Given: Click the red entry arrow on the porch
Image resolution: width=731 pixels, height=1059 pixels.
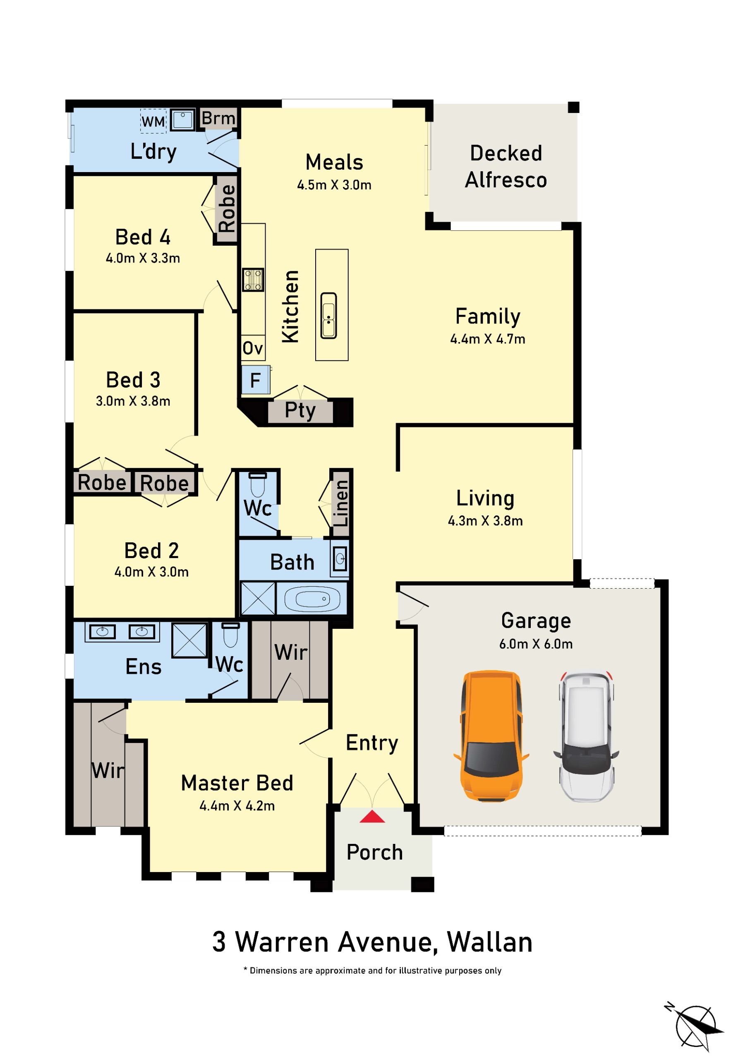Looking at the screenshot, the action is (372, 816).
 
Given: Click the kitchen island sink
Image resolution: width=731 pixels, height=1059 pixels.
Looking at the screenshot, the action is (329, 316).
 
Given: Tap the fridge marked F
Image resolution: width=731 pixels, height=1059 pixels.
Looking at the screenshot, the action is (256, 380).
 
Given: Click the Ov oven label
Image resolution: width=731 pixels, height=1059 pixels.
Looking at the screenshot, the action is (253, 348).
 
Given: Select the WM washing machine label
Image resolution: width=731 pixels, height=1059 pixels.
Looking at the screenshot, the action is (153, 121).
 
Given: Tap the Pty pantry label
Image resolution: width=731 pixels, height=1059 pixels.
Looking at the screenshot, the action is (300, 410).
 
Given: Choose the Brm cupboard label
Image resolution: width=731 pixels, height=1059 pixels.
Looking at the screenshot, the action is (218, 118).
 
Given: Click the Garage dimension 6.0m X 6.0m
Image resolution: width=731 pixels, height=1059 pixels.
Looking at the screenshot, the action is (536, 644).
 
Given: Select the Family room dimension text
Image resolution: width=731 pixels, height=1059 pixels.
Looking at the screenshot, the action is (488, 338).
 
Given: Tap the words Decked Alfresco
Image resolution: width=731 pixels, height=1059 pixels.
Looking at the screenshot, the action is (506, 166).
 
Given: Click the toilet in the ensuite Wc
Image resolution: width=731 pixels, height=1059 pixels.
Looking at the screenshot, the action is (230, 635).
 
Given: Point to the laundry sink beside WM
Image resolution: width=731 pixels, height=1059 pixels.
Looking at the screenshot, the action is (183, 120).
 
